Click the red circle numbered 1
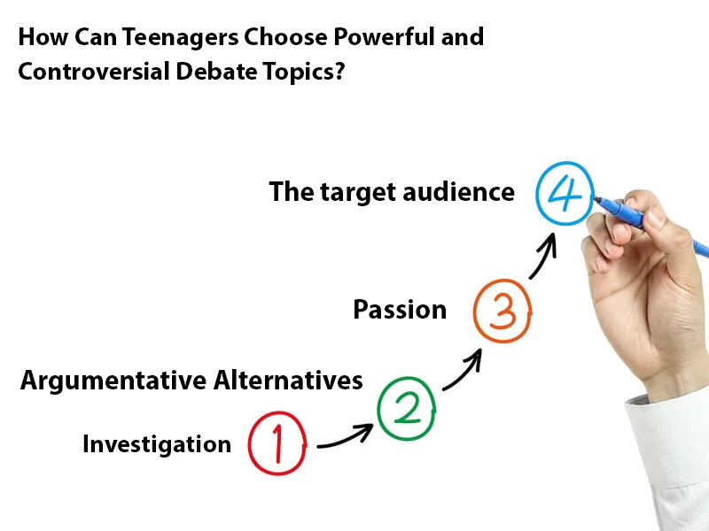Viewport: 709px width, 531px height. pos(277,442)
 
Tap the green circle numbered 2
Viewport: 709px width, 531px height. pos(407,408)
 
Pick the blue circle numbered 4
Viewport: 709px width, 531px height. pos(564,192)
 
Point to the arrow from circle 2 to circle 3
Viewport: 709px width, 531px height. pos(463,369)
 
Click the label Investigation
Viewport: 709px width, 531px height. pos(157,444)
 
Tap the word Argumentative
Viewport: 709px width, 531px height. pos(113,381)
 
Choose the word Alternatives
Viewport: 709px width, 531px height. pos(289,381)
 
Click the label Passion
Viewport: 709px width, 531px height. pos(400,310)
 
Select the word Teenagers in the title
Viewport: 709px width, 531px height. pos(166,37)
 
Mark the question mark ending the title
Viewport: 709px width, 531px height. pos(339,73)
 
